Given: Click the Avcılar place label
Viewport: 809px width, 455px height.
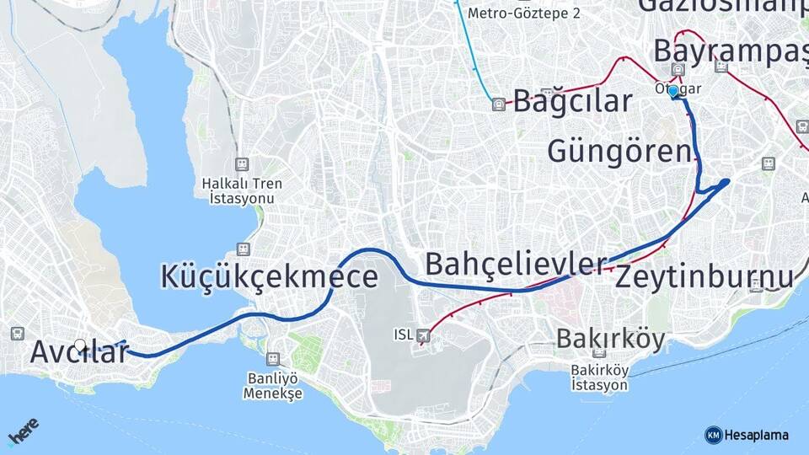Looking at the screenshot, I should (79, 352).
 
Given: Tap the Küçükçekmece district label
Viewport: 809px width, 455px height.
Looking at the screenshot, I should (269, 276).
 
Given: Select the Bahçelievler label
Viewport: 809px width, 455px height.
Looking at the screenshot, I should (516, 264).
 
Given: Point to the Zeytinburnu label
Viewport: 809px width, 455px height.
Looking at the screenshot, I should (705, 276).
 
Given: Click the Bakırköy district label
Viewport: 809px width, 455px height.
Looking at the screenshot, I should (610, 340).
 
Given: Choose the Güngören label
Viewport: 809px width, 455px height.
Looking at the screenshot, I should (619, 152).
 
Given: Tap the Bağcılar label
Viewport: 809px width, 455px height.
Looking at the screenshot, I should (572, 101).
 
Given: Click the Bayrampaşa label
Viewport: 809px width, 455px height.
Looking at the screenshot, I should (730, 51).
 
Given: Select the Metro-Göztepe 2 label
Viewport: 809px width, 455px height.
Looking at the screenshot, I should (523, 13).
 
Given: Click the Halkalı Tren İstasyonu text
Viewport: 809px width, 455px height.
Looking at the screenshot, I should (242, 190).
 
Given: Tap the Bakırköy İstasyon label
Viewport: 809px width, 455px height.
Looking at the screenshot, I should (599, 377).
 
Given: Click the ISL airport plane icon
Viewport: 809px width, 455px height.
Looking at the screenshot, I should (422, 335).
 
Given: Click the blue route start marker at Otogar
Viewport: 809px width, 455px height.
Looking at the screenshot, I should (673, 91).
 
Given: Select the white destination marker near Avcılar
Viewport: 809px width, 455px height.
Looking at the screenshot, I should (80, 345).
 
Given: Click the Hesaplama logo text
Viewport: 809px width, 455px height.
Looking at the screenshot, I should (757, 435).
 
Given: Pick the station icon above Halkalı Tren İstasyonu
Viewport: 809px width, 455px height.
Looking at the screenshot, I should (242, 163).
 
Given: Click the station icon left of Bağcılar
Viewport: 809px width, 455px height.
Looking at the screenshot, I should (499, 104).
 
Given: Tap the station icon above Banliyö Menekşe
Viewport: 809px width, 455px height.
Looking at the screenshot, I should (272, 359).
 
